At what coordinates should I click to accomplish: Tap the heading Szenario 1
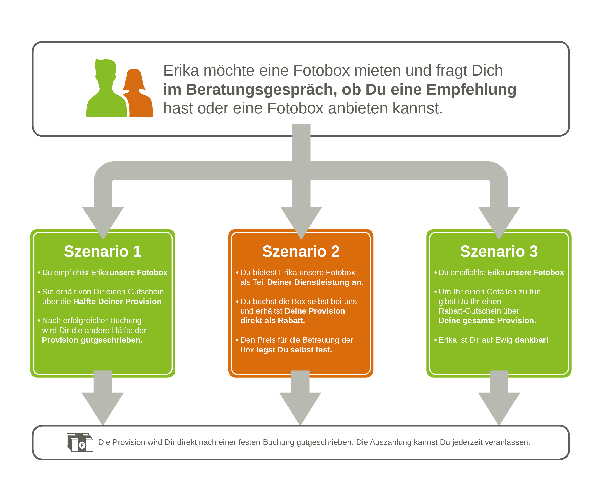coord(103,251)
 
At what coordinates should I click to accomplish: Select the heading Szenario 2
coord(301,251)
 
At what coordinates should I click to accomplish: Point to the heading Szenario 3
coord(499,251)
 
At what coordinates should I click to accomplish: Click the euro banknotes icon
coord(80,442)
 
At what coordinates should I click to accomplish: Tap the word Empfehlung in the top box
coord(471,90)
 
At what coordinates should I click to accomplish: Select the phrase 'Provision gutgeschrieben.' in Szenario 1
coord(92,340)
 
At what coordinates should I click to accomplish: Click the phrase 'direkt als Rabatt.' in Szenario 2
coord(273,321)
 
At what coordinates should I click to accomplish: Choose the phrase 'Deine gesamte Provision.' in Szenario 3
coord(487,321)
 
